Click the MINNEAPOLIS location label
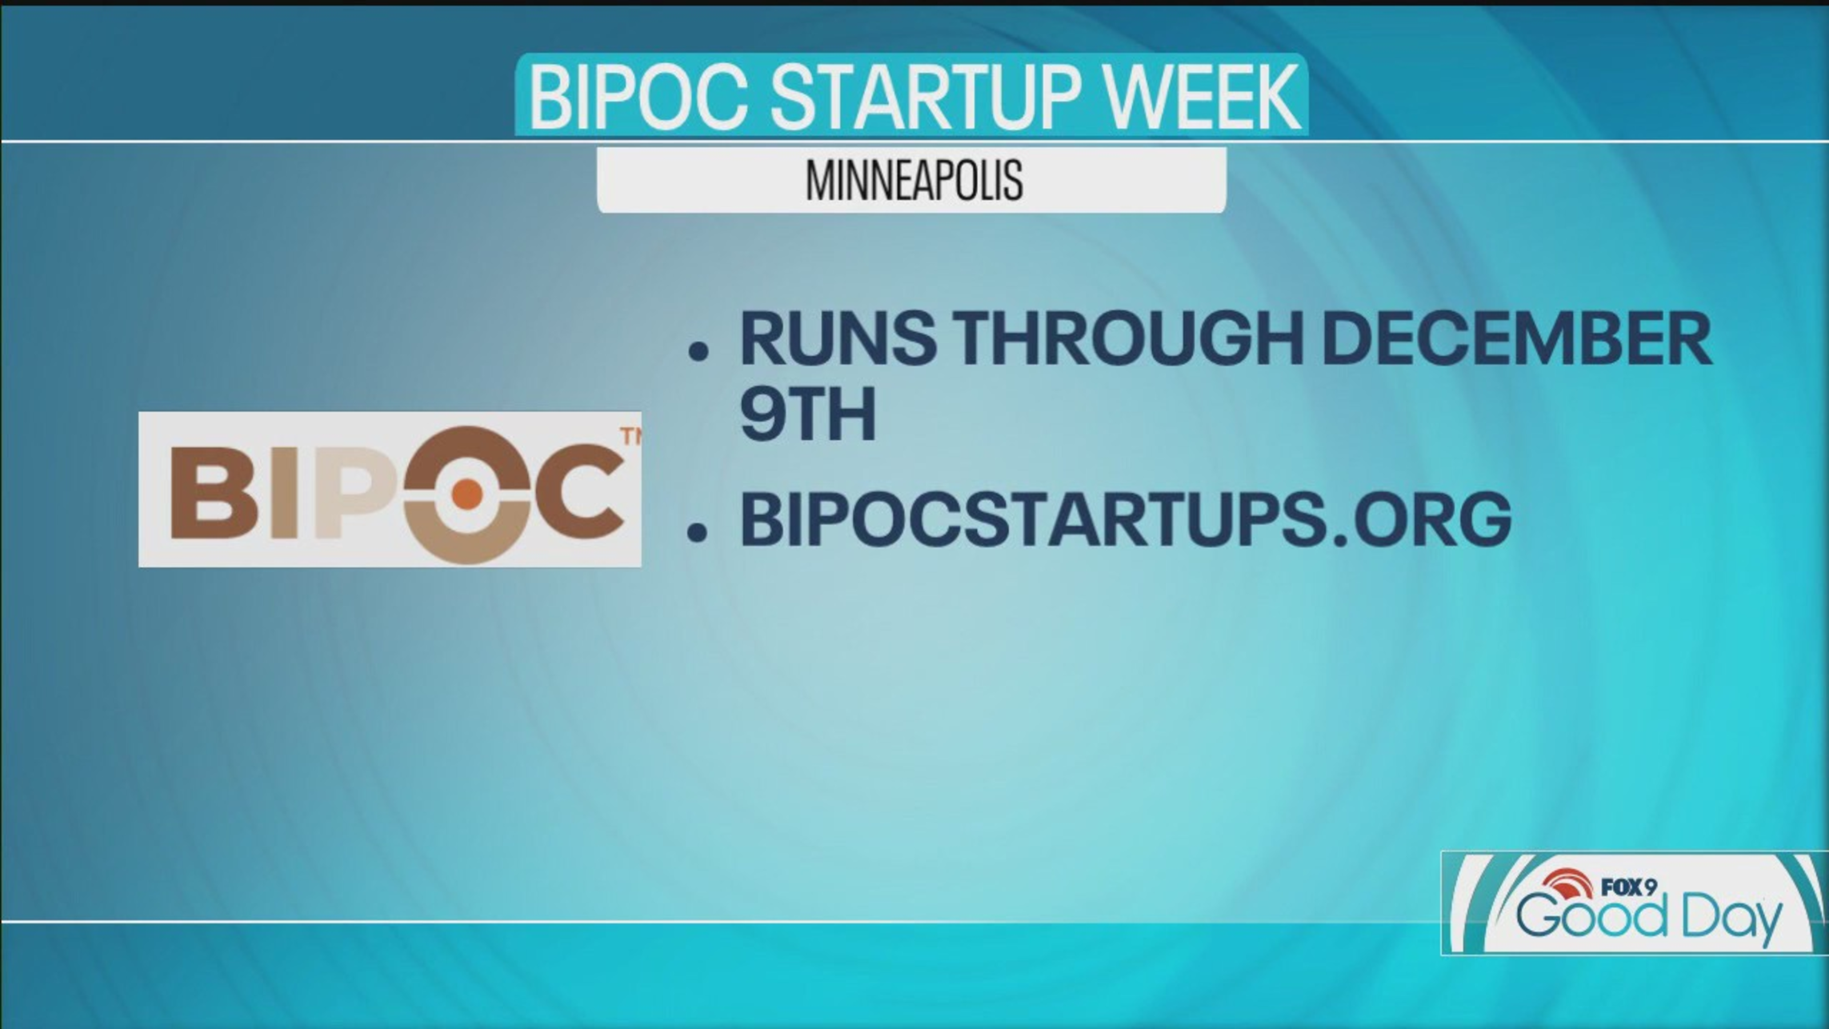pos(914,180)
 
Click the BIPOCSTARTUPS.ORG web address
pos(1126,518)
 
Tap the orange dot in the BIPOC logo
pos(468,495)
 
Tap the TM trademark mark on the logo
pos(630,436)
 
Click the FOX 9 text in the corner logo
pos(1628,887)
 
